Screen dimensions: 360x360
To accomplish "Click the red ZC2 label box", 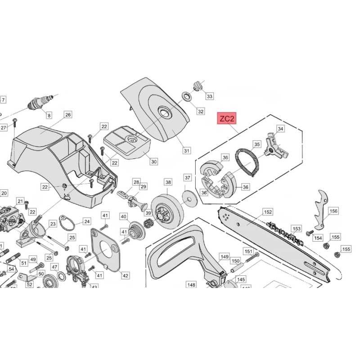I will [x=227, y=119].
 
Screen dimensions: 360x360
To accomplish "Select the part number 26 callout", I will [x=67, y=115].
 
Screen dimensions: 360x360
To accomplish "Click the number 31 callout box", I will [x=186, y=151].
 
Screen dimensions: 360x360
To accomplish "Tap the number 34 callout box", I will [x=280, y=129].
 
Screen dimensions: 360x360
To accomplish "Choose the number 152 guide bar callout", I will [x=268, y=211].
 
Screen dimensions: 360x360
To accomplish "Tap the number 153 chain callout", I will [x=297, y=229].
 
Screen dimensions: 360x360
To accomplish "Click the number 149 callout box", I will [x=224, y=256].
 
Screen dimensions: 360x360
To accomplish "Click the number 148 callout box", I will [x=191, y=284].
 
